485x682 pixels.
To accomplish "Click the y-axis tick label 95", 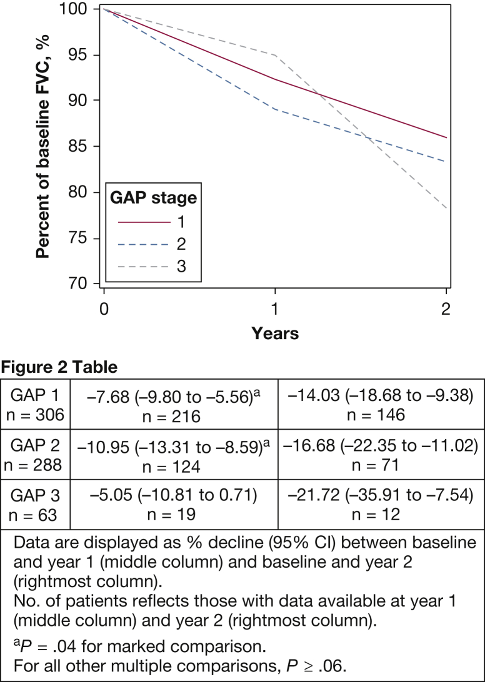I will [79, 55].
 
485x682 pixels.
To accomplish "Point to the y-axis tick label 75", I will [79, 239].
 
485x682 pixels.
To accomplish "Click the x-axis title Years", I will [275, 333].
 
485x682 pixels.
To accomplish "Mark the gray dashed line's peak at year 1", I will [275, 55].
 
